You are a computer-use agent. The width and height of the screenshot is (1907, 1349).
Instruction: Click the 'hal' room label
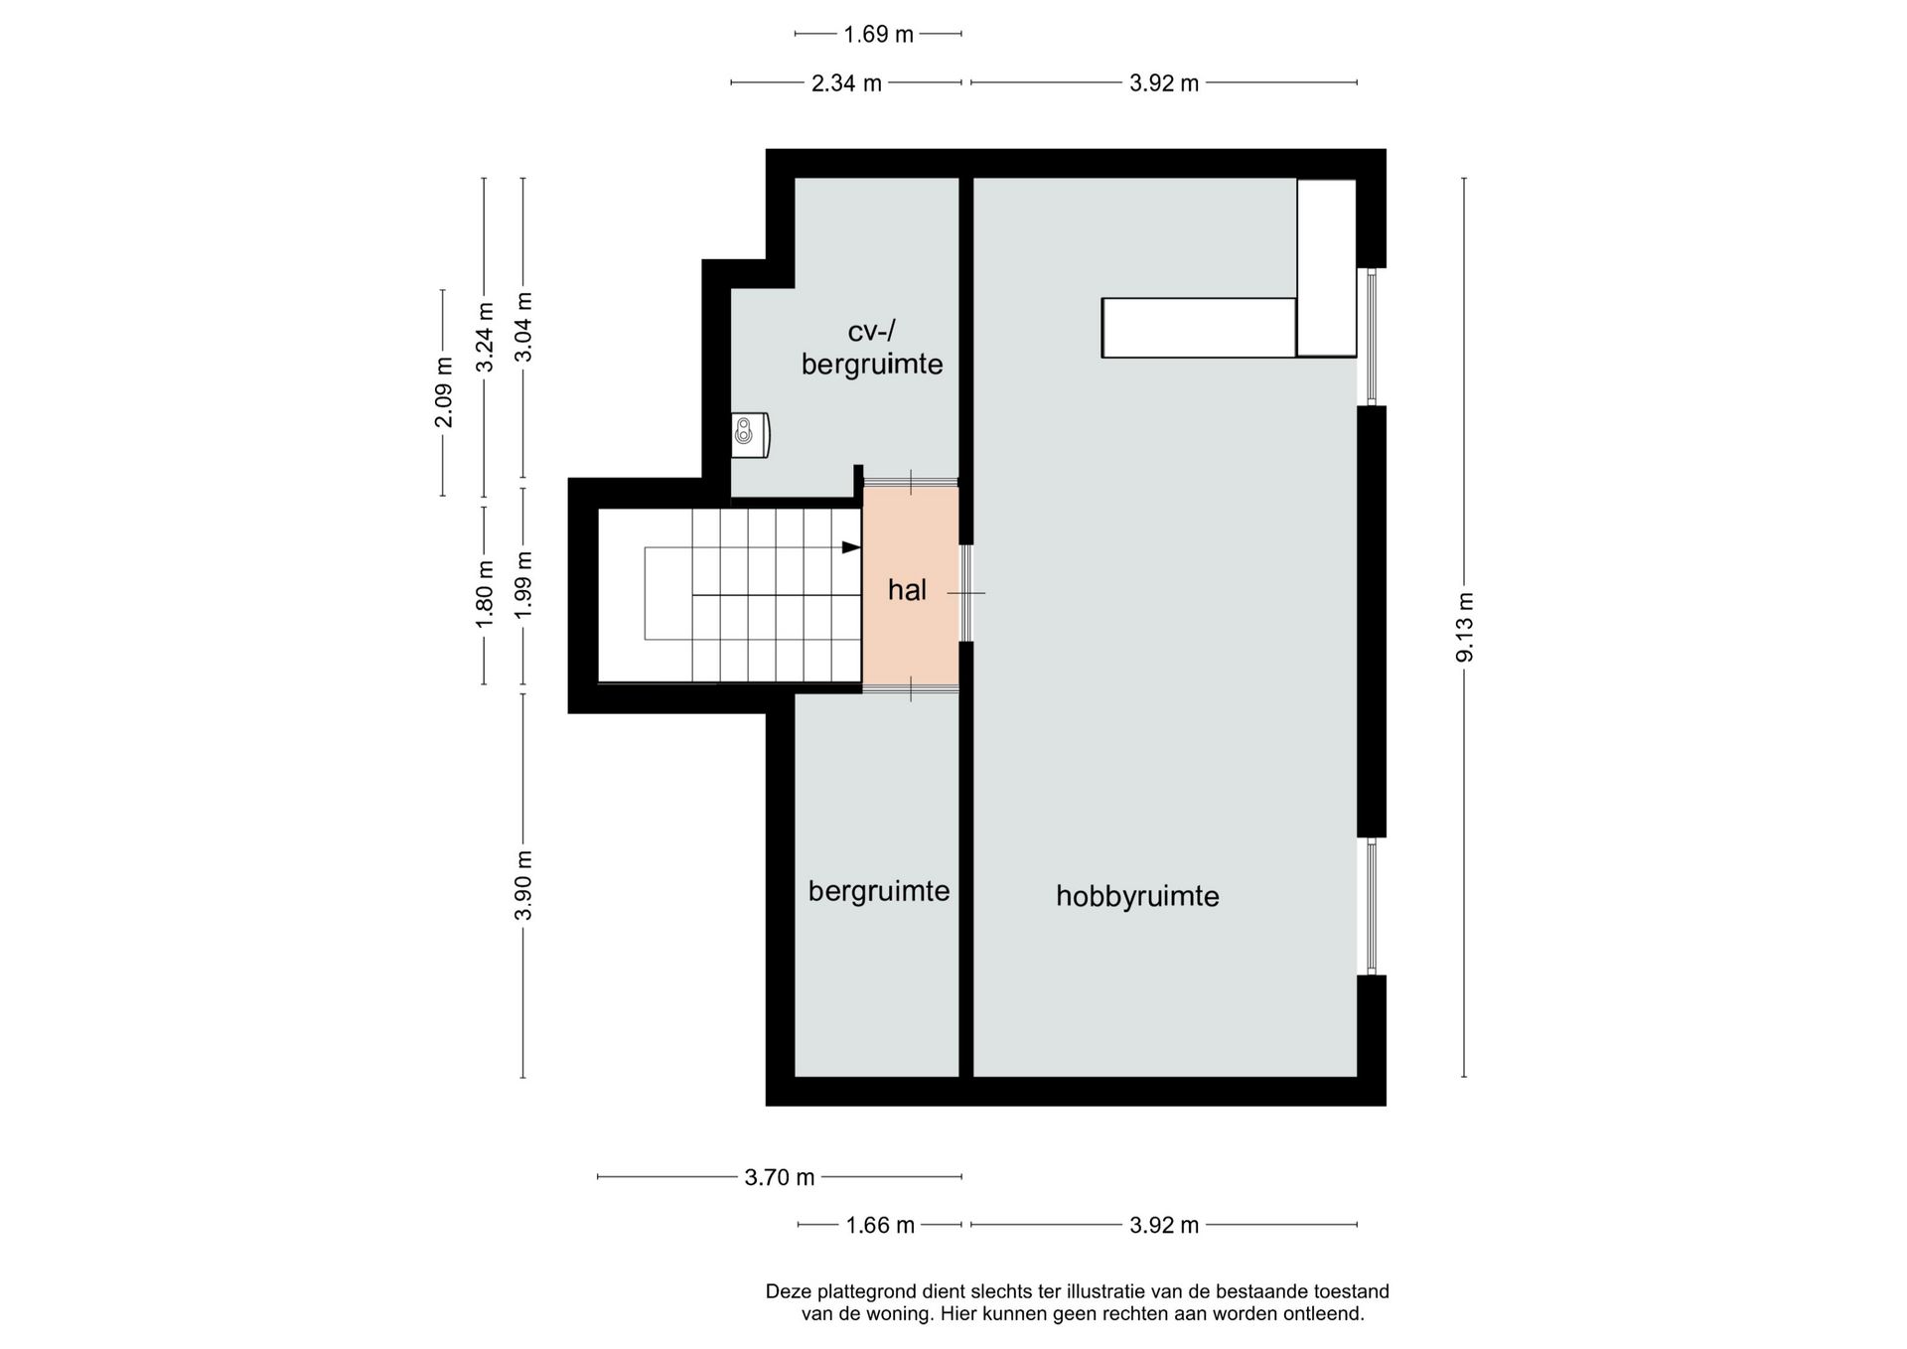coord(907,590)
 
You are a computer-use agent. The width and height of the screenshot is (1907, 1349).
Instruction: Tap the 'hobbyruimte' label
coord(1137,896)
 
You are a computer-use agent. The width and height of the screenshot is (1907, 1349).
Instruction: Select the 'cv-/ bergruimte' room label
coord(872,348)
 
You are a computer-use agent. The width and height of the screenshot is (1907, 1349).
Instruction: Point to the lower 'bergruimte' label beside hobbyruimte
coord(879,891)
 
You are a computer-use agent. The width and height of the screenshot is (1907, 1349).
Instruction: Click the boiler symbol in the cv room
coord(750,435)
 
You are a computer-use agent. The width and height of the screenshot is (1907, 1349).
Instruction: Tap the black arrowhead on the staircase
coord(851,547)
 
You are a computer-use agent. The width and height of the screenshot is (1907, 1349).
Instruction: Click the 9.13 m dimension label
coord(1465,626)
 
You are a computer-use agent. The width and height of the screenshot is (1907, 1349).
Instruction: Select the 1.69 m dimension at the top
coord(878,35)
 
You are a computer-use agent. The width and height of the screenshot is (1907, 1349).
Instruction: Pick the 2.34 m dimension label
coord(846,83)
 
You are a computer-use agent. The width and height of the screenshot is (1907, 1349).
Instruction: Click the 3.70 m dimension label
coord(780,1177)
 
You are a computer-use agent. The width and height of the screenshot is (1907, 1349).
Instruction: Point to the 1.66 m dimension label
coord(880,1225)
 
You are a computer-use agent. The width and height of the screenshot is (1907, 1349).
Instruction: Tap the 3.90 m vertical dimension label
coord(523,885)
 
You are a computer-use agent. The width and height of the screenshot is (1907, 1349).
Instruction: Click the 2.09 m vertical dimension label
coord(443,392)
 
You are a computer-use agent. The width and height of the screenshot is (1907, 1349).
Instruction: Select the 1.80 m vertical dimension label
coord(484,594)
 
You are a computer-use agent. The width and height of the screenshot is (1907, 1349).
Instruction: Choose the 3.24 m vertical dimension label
coord(484,338)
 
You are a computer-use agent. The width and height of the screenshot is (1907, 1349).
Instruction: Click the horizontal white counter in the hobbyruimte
coord(1199,328)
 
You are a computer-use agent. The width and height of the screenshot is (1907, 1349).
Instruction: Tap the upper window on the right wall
coord(1372,337)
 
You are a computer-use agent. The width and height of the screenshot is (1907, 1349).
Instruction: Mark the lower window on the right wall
coord(1372,906)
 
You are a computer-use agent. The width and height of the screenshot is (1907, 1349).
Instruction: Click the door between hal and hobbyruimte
coord(965,593)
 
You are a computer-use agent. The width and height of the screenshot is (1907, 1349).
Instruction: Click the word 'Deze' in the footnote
coord(789,1291)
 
